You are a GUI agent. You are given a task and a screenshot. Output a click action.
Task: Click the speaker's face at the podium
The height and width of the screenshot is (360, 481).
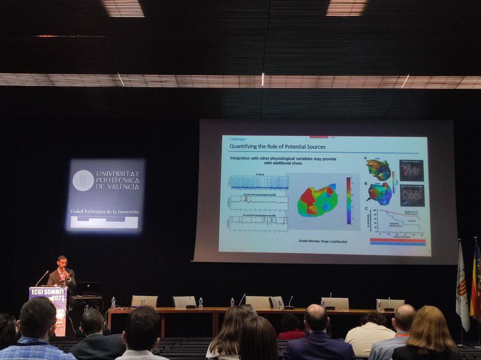click(x=62, y=263)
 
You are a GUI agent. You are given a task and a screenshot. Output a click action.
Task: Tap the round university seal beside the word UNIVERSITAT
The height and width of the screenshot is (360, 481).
click(x=83, y=180)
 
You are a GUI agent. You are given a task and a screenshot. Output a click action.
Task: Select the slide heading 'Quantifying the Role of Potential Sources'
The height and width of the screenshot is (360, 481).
click(x=277, y=147)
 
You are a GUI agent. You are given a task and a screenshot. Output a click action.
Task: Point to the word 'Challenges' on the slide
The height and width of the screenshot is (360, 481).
click(x=238, y=139)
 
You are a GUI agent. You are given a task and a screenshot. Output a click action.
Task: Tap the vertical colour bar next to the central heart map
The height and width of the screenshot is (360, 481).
click(x=348, y=200)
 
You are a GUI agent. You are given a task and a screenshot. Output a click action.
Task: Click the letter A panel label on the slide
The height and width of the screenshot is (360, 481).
click(x=365, y=158)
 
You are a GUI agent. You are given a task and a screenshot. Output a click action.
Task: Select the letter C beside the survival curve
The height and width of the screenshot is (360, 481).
click(x=366, y=208)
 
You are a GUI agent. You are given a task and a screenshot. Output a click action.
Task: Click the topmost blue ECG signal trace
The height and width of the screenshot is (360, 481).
click(x=259, y=182)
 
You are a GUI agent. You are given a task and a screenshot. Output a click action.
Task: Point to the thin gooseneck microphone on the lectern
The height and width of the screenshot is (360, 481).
click(x=42, y=278)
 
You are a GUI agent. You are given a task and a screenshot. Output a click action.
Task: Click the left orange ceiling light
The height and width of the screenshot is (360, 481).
click(x=123, y=8)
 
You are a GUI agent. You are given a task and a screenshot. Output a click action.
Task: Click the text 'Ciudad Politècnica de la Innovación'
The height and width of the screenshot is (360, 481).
click(x=104, y=211)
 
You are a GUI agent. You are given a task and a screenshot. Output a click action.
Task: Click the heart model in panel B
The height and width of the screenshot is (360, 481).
click(x=379, y=194)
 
